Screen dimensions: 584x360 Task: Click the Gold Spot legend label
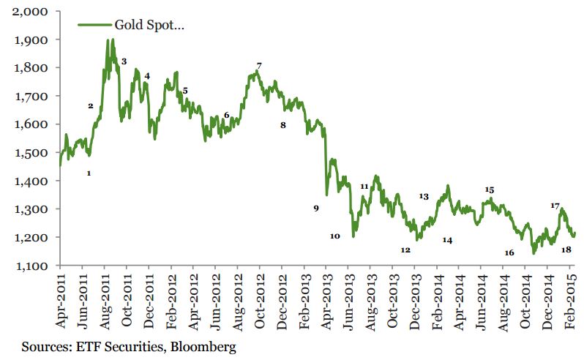tap(149, 25)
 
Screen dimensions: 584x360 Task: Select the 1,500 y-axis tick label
tap(31, 153)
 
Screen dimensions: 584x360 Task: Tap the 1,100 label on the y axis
tap(31, 266)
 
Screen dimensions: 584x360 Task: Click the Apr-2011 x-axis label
tap(60, 301)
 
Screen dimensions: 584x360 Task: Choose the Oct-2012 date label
tap(260, 301)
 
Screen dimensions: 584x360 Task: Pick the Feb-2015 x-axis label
tap(571, 301)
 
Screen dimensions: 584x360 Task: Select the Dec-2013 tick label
tap(415, 301)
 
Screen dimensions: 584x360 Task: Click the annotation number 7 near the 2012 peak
tap(259, 66)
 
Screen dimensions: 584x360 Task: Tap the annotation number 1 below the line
tap(89, 173)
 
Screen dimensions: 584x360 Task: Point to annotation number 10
tap(335, 236)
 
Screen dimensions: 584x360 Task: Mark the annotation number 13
tap(424, 196)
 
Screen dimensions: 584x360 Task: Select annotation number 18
tap(566, 250)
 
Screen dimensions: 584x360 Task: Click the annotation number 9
tap(316, 209)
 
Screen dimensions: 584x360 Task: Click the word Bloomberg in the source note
tap(203, 347)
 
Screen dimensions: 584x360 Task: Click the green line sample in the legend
tap(94, 25)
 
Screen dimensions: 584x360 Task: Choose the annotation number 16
tap(509, 252)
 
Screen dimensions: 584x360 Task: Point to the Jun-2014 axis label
tap(482, 301)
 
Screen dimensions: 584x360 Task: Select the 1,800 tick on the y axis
tap(31, 68)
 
